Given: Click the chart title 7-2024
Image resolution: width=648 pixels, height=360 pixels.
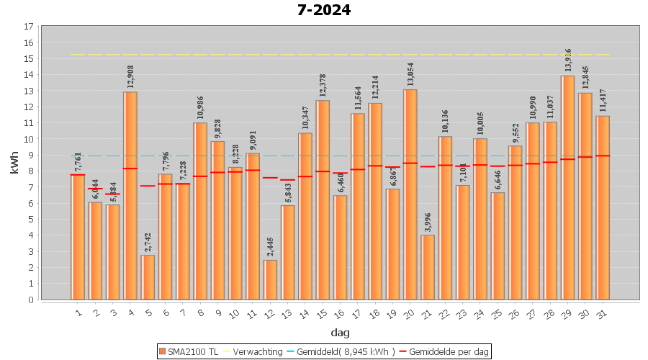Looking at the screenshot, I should (x=324, y=10).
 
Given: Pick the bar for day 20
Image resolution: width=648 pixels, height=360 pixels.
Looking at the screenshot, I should (x=410, y=194).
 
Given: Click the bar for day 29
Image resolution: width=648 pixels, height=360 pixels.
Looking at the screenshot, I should (x=567, y=187).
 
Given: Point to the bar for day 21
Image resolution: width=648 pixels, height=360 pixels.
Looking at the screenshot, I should (x=428, y=267).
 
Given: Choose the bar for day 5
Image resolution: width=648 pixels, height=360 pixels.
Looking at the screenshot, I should (x=148, y=277).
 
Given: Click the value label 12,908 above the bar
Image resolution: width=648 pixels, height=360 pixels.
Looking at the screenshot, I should (x=130, y=78).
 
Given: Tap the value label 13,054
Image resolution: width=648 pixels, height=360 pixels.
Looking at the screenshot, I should (x=410, y=76).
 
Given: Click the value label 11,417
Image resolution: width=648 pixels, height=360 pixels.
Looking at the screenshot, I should (x=603, y=102).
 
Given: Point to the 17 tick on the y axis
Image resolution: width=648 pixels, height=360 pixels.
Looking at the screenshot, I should (x=29, y=27).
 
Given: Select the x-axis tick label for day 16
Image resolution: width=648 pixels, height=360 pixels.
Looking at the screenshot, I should (x=339, y=312).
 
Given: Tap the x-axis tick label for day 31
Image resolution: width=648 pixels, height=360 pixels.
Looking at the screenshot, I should (x=602, y=312).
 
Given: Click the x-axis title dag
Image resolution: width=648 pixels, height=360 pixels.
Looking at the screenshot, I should (x=341, y=332).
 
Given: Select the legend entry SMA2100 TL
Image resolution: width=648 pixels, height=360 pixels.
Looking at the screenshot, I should (x=188, y=351).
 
